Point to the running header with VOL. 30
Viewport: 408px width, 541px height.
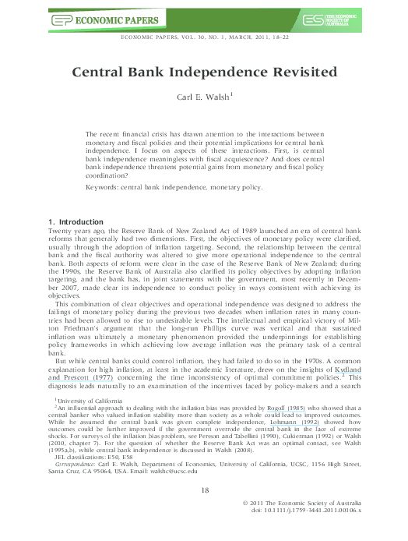(x=204, y=38)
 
